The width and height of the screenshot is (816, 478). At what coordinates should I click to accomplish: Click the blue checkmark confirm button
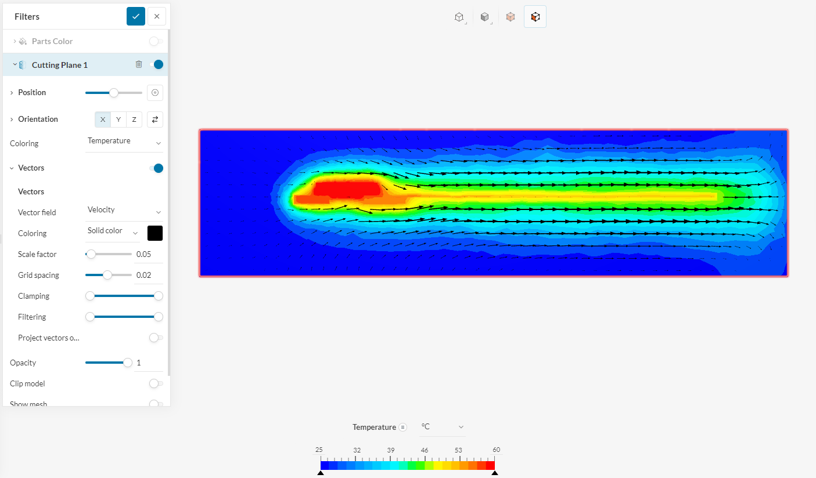[135, 16]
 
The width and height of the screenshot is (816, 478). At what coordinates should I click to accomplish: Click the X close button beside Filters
[157, 16]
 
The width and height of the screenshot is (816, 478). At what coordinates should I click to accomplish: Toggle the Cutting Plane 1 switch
[157, 65]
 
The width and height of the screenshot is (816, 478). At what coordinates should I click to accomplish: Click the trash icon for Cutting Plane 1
[139, 64]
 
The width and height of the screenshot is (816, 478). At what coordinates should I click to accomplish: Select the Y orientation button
[118, 119]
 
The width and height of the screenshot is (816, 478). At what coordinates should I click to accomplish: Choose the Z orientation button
[134, 119]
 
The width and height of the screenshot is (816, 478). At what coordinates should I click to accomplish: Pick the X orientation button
[103, 119]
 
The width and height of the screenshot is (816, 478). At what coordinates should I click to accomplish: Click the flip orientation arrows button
[155, 119]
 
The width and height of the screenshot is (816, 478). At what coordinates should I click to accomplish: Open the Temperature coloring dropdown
[124, 142]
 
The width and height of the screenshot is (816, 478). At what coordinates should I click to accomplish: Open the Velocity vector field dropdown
[124, 211]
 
